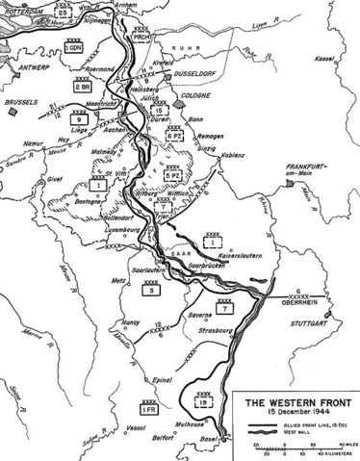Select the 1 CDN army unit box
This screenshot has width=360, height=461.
[x=73, y=45]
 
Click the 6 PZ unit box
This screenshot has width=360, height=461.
[x=177, y=137]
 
